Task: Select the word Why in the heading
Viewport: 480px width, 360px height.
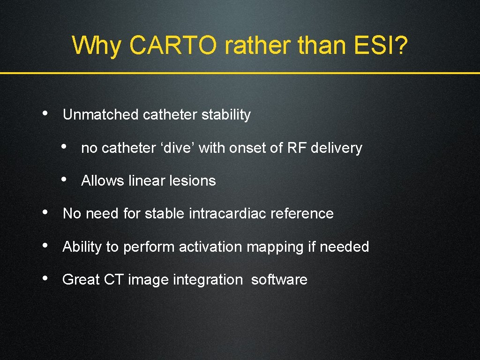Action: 97,45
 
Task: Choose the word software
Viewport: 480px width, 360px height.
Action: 279,280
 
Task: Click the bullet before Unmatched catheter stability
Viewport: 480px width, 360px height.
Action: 44,113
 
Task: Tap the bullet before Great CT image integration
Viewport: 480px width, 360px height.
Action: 44,278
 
